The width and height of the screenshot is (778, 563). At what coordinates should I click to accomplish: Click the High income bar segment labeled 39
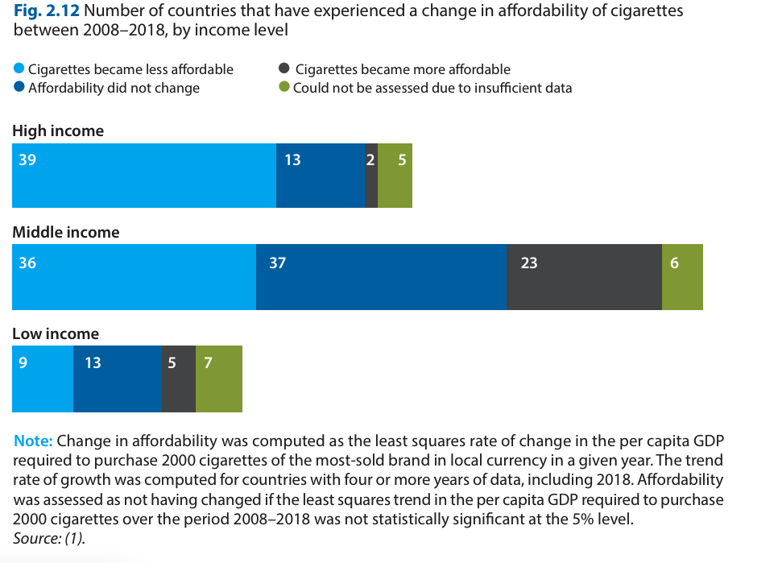pos(144,176)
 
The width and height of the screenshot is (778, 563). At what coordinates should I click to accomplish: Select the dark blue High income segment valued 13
pos(321,176)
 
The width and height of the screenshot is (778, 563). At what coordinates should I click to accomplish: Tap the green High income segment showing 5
pos(395,176)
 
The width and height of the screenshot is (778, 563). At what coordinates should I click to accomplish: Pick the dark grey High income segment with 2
pos(371,176)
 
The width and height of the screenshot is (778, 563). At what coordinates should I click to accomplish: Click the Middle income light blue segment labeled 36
pos(134,277)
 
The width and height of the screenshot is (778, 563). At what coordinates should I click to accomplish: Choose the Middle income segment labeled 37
pos(381,277)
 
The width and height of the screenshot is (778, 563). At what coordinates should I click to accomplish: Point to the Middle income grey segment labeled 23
pos(584,277)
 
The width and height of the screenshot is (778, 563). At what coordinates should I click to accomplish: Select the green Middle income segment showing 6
pos(682,277)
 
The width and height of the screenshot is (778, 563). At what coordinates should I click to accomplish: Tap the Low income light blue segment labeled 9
pos(43,379)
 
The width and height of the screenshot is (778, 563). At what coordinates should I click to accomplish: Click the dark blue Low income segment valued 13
pos(118,379)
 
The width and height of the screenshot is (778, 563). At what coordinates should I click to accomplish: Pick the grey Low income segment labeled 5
pos(179,379)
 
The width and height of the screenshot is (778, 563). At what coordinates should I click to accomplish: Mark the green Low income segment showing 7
pos(219,379)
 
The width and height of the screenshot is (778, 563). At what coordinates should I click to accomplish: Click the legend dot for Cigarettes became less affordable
pos(19,68)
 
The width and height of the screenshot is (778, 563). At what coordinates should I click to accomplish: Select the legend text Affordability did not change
pos(114,88)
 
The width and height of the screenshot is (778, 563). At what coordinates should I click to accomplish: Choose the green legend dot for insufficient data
pos(283,87)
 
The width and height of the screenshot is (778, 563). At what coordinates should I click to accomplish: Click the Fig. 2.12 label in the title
pos(46,12)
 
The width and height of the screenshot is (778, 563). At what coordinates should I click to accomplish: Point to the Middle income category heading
pos(65,232)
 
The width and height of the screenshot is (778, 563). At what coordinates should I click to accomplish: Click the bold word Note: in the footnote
pos(33,441)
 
